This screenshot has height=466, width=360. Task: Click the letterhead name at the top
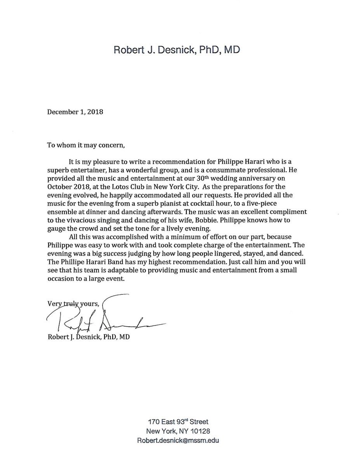179,50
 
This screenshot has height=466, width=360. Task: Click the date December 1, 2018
75,112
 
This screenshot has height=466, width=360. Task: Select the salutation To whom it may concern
86,146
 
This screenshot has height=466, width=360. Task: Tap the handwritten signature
105,318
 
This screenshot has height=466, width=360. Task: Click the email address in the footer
178,441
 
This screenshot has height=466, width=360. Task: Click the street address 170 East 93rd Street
178,421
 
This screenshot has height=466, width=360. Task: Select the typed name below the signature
88,337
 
